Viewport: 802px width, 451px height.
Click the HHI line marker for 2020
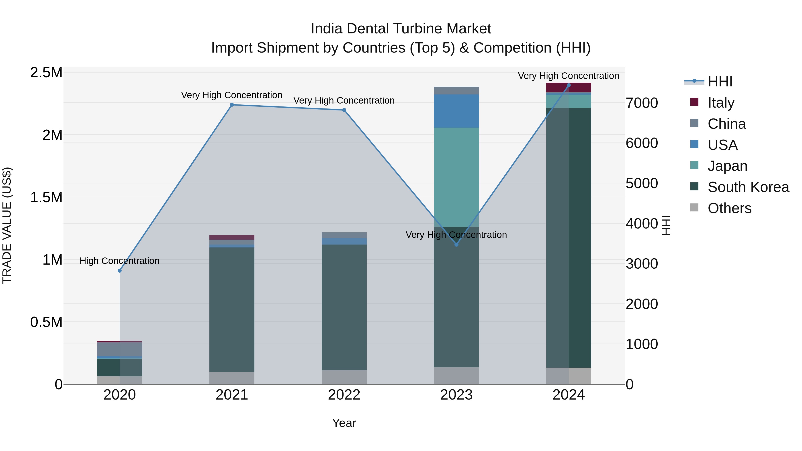(x=120, y=270)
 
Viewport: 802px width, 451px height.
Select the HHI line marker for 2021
(x=232, y=105)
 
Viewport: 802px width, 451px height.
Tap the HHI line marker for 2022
(x=344, y=110)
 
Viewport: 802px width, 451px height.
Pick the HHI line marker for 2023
(x=456, y=245)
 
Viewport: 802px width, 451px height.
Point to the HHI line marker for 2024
(x=569, y=85)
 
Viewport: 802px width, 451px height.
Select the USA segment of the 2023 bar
(x=456, y=111)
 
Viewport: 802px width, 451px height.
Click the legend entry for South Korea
(x=748, y=187)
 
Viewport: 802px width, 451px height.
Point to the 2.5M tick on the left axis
(x=46, y=73)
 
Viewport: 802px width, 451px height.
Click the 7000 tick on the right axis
(x=642, y=103)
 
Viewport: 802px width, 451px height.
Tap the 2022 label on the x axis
(x=344, y=395)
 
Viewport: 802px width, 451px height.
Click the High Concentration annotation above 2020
(x=120, y=261)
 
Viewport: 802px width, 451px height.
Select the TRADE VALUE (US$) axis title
(x=7, y=225)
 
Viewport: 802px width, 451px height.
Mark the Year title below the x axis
(x=344, y=423)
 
